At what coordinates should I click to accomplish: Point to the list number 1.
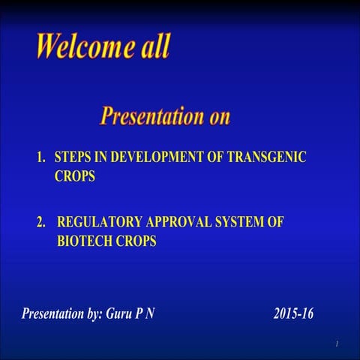pos(41,158)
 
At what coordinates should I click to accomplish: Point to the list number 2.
pos(41,223)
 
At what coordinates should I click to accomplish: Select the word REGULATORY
pos(103,223)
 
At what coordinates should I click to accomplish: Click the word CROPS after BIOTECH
pos(136,242)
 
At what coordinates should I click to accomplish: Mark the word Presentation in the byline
pos(52,313)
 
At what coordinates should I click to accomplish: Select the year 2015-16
pos(294,313)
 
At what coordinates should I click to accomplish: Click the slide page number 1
pos(337,343)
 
